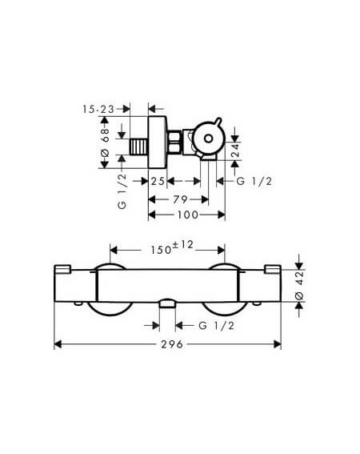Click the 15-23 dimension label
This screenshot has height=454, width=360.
coord(98,110)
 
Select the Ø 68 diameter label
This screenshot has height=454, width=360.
coord(105,143)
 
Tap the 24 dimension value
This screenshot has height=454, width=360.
coord(236,151)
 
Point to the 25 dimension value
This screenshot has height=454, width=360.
coord(158,182)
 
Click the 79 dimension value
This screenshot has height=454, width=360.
coord(180,199)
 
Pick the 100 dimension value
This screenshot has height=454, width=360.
coord(188,215)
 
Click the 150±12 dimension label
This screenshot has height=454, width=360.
coord(172,247)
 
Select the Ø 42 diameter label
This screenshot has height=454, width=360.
coord(299,286)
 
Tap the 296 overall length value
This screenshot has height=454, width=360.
coord(172,344)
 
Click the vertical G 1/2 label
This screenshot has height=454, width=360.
coord(122,191)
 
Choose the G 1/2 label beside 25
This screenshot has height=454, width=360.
coord(254,182)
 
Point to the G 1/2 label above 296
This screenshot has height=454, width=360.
coord(217,326)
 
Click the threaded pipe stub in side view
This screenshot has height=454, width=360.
coord(139,147)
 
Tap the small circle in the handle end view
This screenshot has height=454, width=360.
coord(208,139)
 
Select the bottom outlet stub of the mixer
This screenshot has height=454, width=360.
coord(167,304)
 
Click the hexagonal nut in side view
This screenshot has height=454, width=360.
coord(174,142)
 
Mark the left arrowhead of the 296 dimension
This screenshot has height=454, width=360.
coord(58,344)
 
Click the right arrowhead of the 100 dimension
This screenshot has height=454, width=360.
coord(222,215)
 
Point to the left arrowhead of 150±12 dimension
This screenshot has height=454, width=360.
coord(114,250)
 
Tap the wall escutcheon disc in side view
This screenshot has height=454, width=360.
coord(158,143)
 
